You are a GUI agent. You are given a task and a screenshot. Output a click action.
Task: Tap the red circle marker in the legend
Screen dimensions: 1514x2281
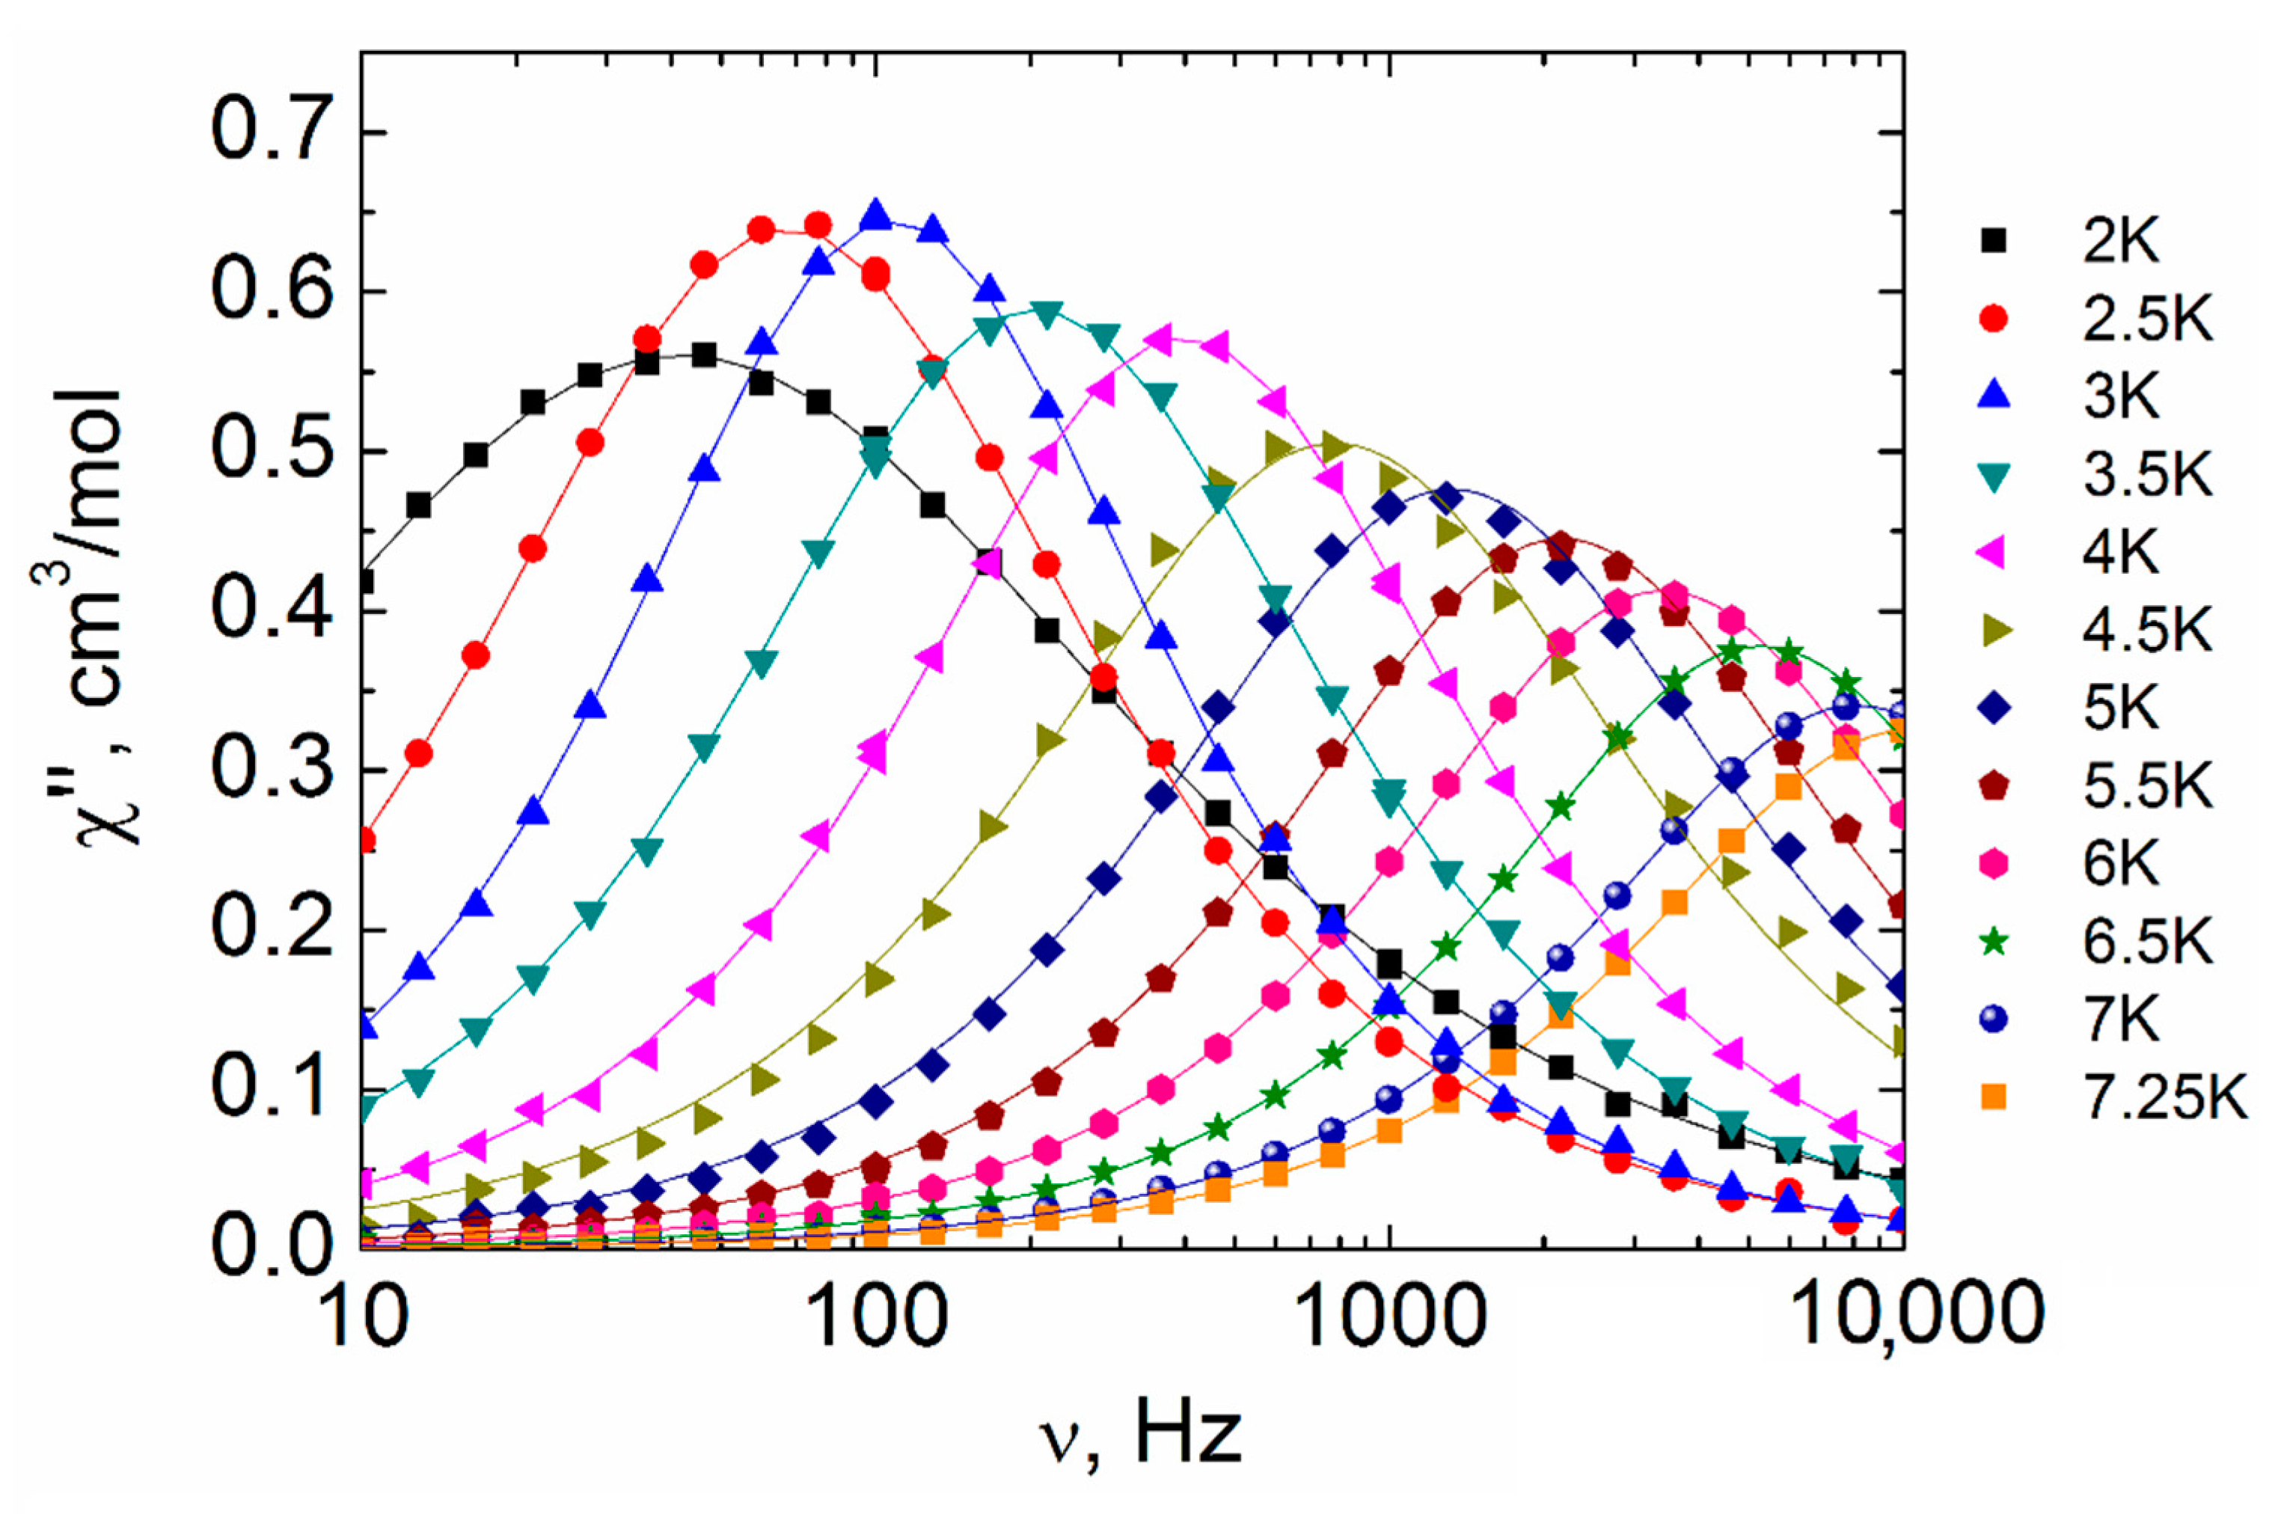point(1992,319)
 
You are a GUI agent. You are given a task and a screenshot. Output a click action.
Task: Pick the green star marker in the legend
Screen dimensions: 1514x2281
point(1992,943)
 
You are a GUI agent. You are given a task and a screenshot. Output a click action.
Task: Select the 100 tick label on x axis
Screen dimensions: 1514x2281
point(876,1315)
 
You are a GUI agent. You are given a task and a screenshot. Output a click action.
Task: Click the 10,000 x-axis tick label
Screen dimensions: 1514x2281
point(1905,1315)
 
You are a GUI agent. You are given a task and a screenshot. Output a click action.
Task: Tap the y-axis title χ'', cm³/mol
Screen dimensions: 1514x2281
point(97,618)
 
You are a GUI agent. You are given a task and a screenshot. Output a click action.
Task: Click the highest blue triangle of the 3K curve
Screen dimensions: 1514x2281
point(876,215)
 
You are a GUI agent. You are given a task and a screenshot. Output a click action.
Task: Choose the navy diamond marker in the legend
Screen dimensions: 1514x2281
point(1992,708)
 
